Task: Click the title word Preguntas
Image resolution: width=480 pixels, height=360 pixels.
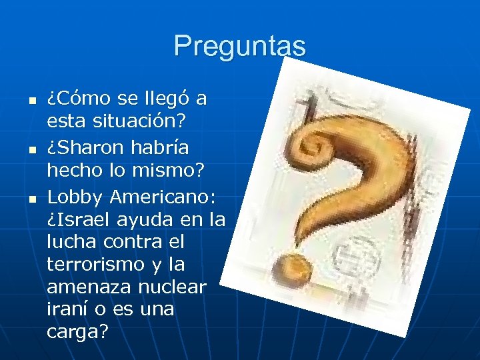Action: tap(240, 47)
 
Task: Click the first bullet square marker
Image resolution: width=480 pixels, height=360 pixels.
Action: tap(23, 101)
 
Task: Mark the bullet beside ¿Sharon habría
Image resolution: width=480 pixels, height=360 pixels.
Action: tap(23, 147)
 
